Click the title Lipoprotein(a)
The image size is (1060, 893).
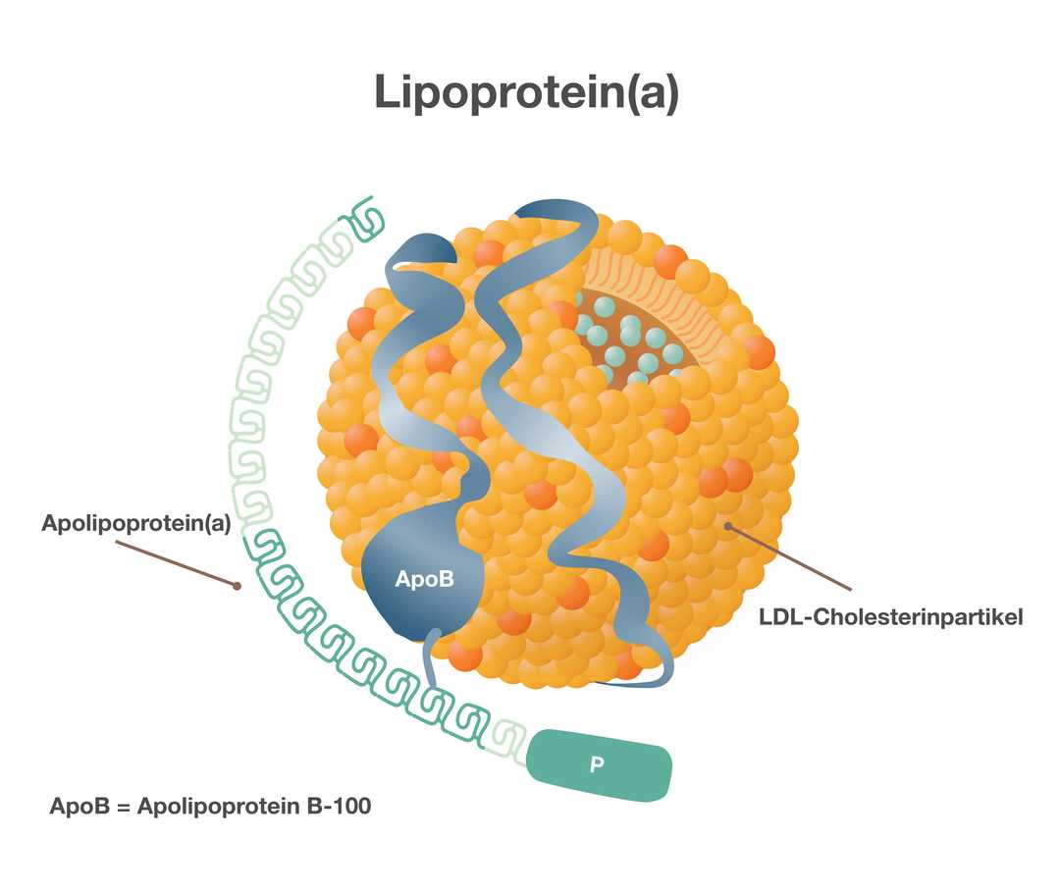(526, 93)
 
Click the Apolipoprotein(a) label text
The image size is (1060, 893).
(135, 523)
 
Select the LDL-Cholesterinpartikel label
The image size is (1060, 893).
(891, 617)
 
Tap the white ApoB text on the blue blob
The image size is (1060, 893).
(425, 579)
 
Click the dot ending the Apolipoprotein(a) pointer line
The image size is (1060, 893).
(237, 587)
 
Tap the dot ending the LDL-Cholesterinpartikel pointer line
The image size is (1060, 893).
(728, 526)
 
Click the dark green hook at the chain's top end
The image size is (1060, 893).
(367, 218)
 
